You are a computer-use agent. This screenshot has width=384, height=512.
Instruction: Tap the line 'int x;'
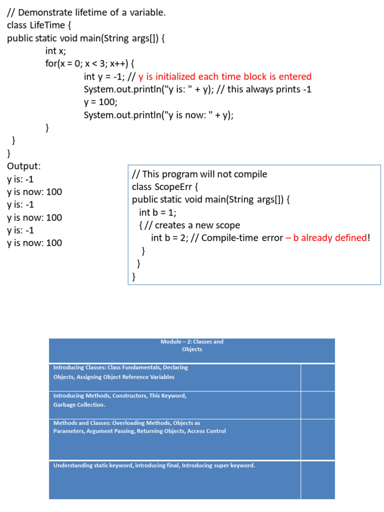pyautogui.click(x=55, y=51)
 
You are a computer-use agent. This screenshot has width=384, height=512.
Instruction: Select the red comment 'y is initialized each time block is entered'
pyautogui.click(x=225, y=76)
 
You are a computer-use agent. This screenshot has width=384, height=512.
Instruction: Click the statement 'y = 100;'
pyautogui.click(x=100, y=102)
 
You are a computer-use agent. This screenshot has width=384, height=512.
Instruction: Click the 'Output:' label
pyautogui.click(x=24, y=166)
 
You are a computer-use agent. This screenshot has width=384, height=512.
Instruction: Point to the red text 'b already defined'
pyautogui.click(x=330, y=237)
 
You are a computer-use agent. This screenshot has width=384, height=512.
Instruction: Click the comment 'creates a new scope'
pyautogui.click(x=197, y=225)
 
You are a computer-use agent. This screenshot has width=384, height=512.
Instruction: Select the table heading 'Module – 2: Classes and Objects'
pyautogui.click(x=192, y=345)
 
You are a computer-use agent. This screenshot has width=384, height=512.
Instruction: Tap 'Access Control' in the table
pyautogui.click(x=206, y=431)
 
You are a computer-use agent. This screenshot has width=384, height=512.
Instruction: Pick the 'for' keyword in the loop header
pyautogui.click(x=50, y=64)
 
